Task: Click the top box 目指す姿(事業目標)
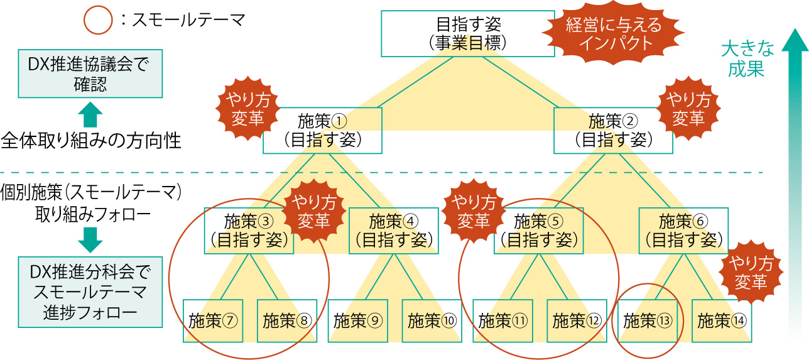pyautogui.click(x=468, y=33)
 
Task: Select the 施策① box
pyautogui.click(x=322, y=130)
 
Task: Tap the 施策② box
pyautogui.click(x=613, y=130)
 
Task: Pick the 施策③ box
pyautogui.click(x=249, y=230)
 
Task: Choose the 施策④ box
pyautogui.click(x=394, y=230)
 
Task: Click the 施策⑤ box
pyautogui.click(x=539, y=230)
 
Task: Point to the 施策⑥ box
pyautogui.click(x=683, y=230)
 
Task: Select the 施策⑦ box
pyautogui.click(x=213, y=320)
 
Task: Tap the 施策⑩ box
pyautogui.click(x=431, y=320)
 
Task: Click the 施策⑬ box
pyautogui.click(x=648, y=320)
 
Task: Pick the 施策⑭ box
pyautogui.click(x=722, y=320)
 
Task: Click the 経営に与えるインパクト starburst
pyautogui.click(x=614, y=34)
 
